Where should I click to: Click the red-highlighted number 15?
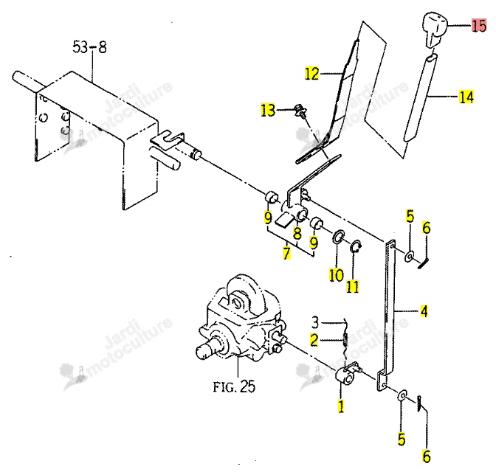click(478, 25)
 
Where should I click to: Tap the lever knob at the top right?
click(435, 29)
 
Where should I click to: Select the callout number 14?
click(466, 97)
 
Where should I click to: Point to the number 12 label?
click(311, 74)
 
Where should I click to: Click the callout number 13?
click(268, 111)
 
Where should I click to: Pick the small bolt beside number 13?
click(300, 111)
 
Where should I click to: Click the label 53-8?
click(89, 47)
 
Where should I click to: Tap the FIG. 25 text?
click(234, 386)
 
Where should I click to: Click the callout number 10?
click(336, 275)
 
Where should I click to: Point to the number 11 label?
click(352, 287)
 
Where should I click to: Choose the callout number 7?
click(286, 253)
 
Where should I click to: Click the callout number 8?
click(297, 233)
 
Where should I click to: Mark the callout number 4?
click(424, 311)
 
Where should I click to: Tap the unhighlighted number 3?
click(315, 322)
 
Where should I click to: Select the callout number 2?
click(314, 340)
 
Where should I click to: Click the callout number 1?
click(341, 406)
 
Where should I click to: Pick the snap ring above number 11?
click(356, 246)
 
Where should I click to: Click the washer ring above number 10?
click(339, 237)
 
